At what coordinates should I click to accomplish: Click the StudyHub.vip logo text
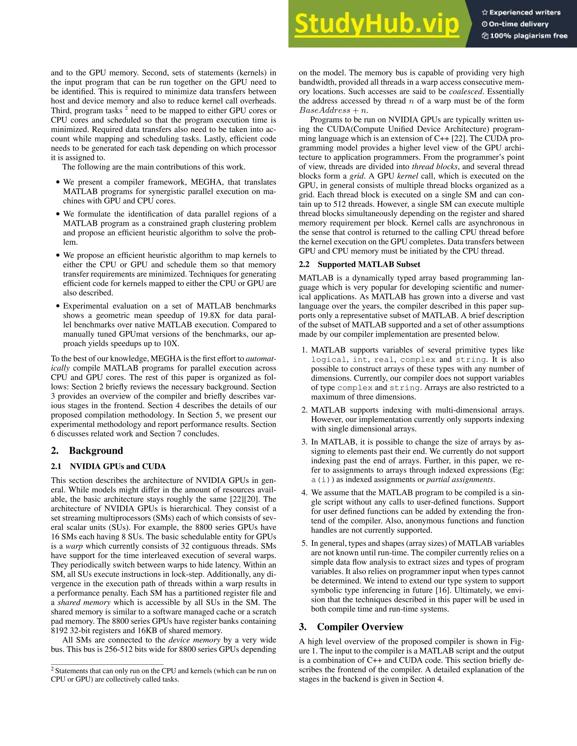pyautogui.click(x=376, y=24)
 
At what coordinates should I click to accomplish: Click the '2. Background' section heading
pyautogui.click(x=87, y=450)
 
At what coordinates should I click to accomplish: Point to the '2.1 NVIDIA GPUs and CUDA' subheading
pyautogui.click(x=108, y=466)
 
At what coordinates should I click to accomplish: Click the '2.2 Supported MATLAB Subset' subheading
pyautogui.click(x=359, y=264)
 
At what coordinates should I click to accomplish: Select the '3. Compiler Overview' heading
pyautogui.click(x=351, y=627)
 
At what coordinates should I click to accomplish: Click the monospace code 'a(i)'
pyautogui.click(x=323, y=480)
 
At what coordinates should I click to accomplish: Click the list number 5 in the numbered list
pyautogui.click(x=304, y=543)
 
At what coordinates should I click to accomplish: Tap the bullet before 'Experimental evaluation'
pyautogui.click(x=58, y=306)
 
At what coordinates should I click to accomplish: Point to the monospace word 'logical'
pyautogui.click(x=328, y=360)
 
